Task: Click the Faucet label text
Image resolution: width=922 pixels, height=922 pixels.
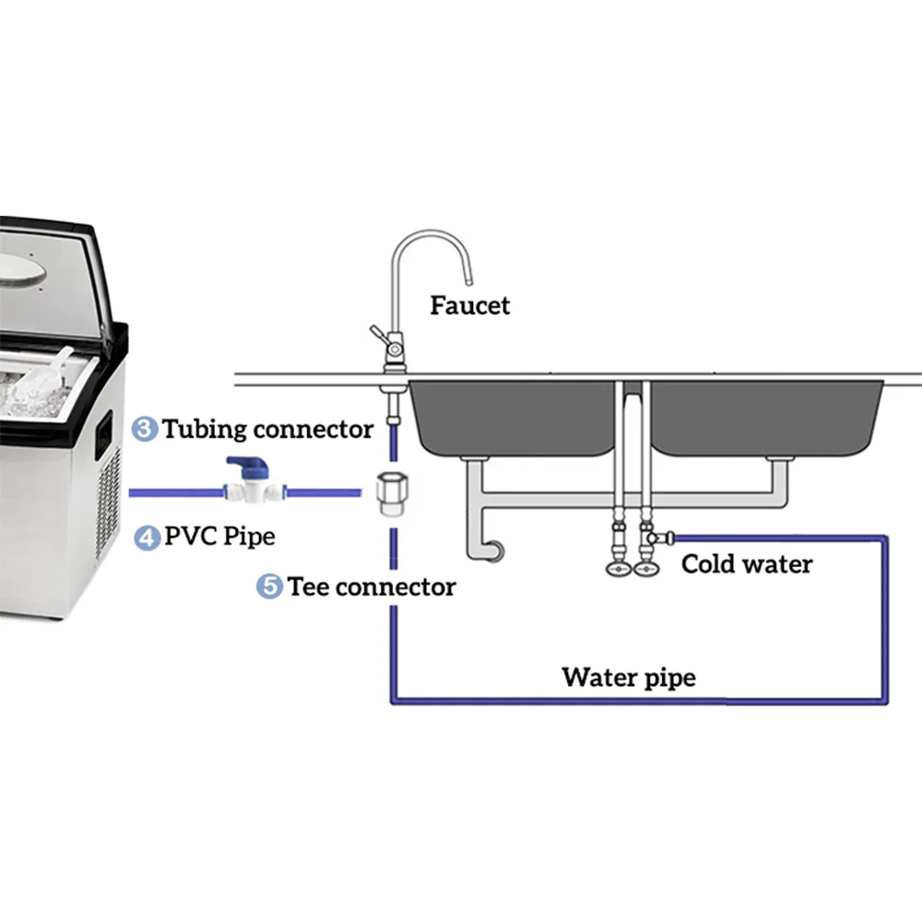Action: pos(469,304)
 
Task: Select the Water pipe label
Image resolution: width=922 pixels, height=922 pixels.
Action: pos(629,678)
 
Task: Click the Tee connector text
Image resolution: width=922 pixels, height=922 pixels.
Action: pos(371,586)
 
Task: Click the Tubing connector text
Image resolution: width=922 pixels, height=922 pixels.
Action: pos(267,429)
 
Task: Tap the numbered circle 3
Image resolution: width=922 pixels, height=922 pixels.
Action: pos(144,429)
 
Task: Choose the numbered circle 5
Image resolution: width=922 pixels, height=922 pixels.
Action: pos(268,586)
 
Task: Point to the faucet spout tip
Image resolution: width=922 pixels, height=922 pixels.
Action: pos(467,278)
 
